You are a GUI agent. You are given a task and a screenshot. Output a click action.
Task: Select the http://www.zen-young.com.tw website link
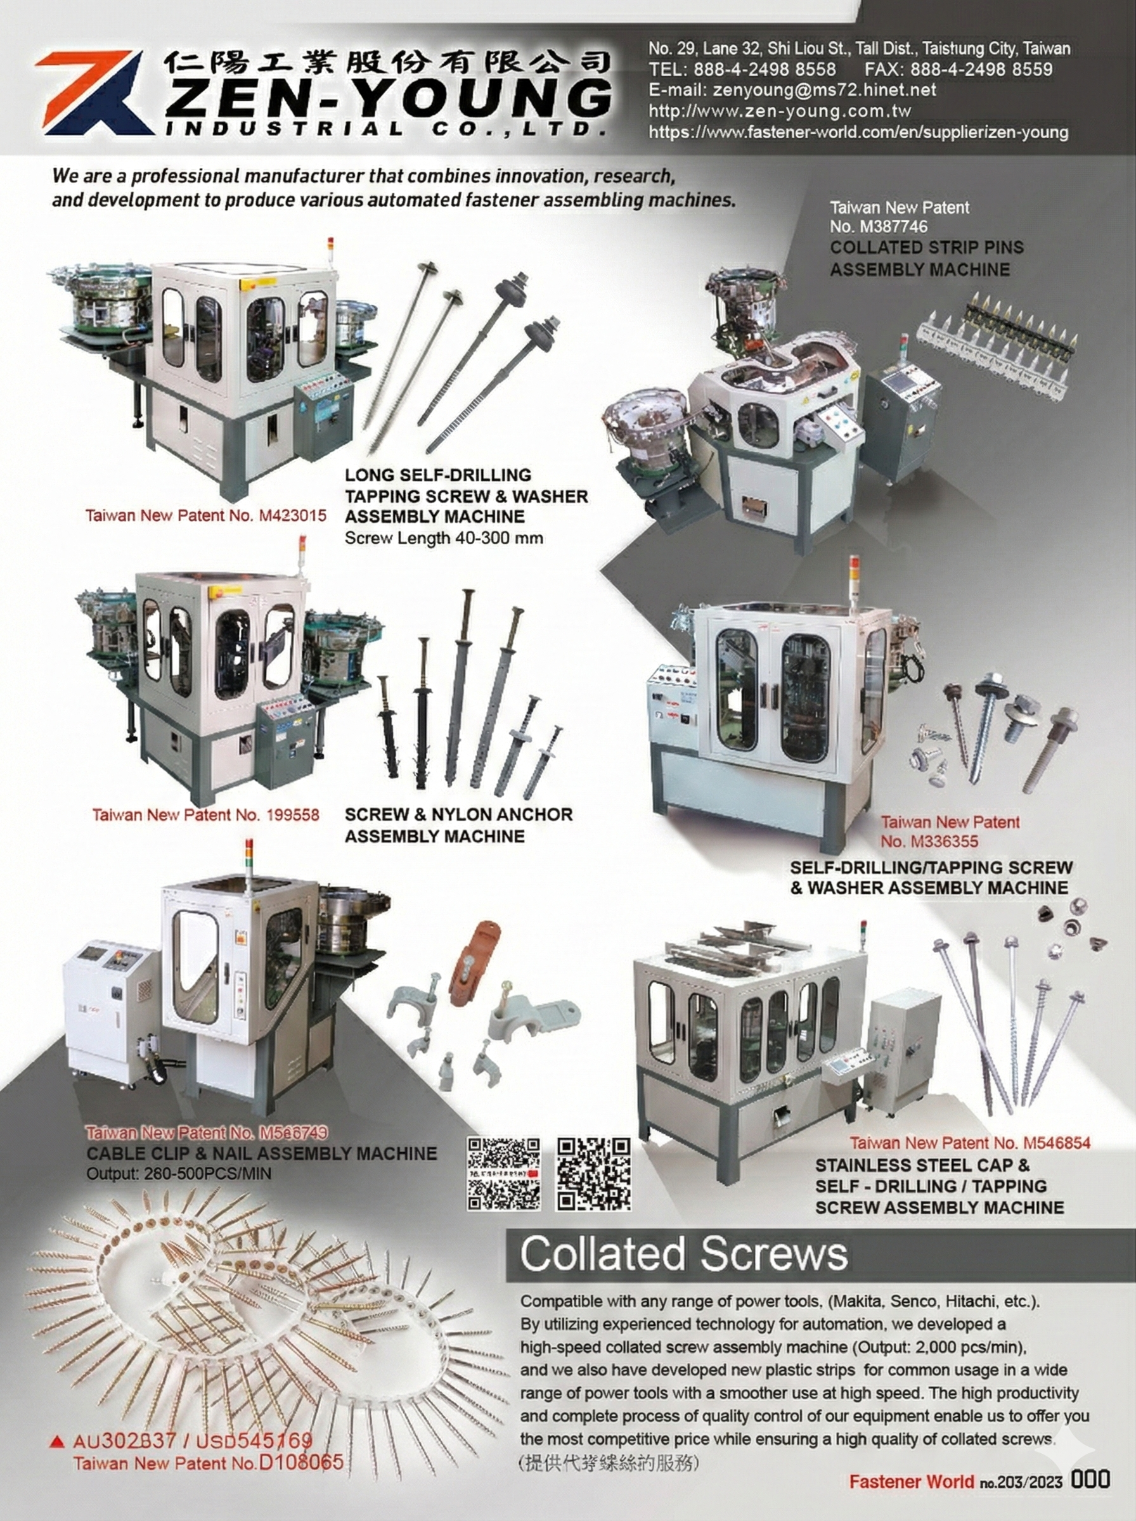pyautogui.click(x=780, y=111)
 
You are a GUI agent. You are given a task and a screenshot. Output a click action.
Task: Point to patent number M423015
pyautogui.click(x=292, y=515)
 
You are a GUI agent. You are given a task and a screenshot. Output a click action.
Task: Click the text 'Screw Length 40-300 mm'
pyautogui.click(x=444, y=537)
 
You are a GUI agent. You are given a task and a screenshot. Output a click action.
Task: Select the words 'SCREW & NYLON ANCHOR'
pyautogui.click(x=458, y=814)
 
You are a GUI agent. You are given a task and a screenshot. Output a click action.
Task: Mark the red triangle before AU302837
pyautogui.click(x=59, y=1441)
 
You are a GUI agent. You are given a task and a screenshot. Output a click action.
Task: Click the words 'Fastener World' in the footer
pyautogui.click(x=911, y=1480)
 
